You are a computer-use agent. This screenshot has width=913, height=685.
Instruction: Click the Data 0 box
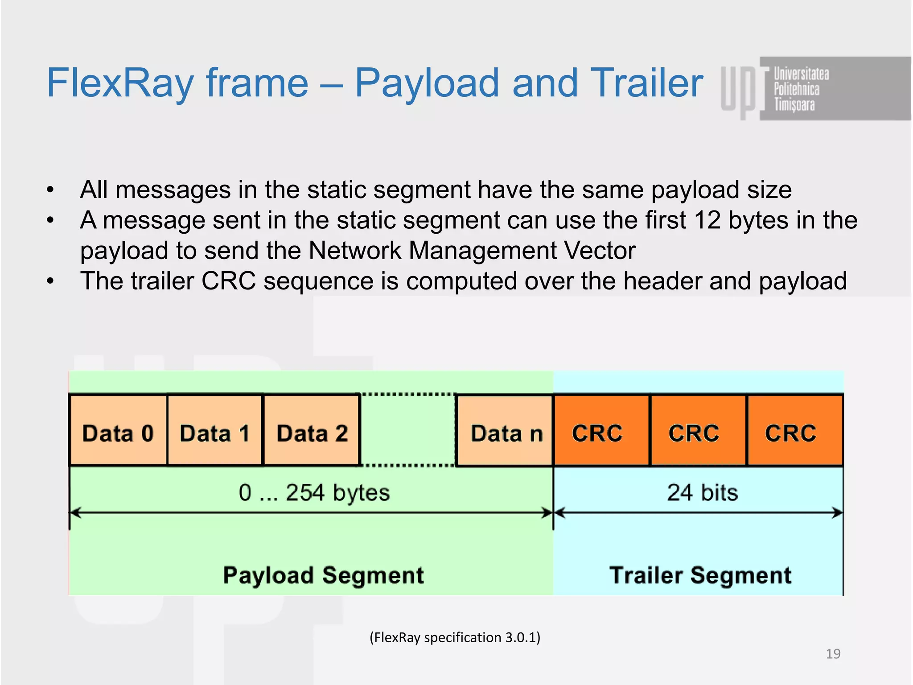point(118,431)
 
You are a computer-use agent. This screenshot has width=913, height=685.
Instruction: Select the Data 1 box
point(215,431)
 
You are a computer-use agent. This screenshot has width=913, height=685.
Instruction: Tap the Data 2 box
point(312,431)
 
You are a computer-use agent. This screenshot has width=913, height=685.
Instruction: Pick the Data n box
point(506,431)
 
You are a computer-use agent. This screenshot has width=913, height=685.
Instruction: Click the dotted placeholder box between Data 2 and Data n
point(408,431)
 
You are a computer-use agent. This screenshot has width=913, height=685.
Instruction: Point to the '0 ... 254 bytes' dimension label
point(314,493)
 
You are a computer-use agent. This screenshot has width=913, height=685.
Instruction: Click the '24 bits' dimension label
point(703,493)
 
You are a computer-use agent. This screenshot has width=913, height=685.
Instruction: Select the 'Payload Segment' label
point(323,575)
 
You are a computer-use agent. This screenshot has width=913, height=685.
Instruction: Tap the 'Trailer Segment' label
point(700,575)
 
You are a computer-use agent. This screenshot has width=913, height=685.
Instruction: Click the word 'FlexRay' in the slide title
point(120,83)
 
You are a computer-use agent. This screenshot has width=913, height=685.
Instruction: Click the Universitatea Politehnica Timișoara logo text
point(801,89)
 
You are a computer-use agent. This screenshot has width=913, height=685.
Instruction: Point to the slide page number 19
point(833,654)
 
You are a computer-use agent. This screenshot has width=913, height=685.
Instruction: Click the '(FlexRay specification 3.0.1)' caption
point(455,637)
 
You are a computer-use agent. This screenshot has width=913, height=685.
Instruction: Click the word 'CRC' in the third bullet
point(228,281)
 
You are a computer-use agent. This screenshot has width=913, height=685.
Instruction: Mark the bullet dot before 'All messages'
point(50,190)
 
